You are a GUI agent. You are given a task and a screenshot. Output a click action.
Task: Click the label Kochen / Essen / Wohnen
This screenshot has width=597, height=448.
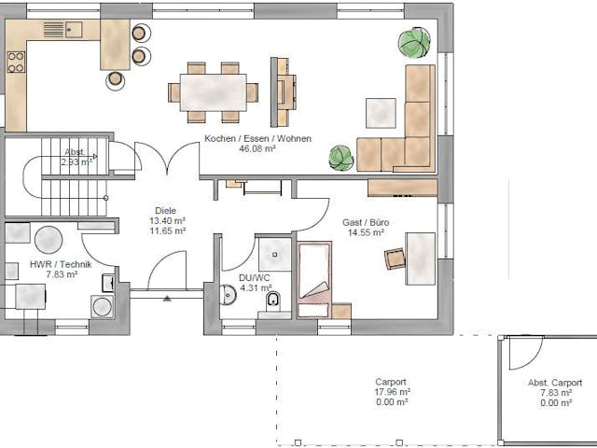point(257,139)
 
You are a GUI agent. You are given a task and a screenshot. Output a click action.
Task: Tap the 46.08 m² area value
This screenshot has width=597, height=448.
point(257,149)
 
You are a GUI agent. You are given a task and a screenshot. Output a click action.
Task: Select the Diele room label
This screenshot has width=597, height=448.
point(167,211)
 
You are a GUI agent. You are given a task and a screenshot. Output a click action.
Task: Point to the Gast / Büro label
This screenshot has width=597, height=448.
point(366,222)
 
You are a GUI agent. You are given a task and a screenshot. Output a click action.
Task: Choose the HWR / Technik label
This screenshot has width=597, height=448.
point(53,264)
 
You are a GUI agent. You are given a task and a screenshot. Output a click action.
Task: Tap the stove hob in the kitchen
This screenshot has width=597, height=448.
point(16,63)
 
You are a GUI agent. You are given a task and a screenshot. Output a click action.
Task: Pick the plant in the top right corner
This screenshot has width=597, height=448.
point(415,44)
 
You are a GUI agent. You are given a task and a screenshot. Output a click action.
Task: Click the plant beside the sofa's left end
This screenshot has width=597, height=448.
point(342,158)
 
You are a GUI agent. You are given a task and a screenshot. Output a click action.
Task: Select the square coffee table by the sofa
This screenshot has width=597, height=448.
point(381,113)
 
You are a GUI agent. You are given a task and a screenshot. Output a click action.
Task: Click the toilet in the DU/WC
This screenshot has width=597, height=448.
point(274,301)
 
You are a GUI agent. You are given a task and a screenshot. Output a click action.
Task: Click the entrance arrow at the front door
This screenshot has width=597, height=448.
point(167,299)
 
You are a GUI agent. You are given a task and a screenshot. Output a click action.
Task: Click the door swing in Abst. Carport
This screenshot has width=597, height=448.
point(526,351)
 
